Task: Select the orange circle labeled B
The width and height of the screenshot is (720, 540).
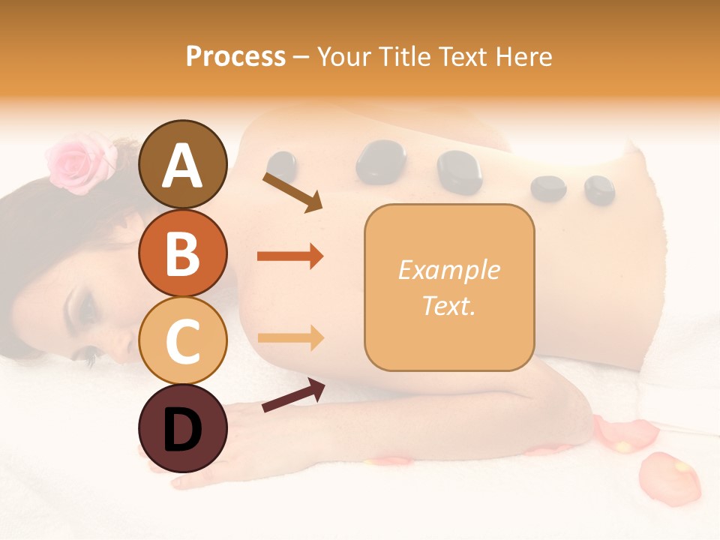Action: pyautogui.click(x=182, y=253)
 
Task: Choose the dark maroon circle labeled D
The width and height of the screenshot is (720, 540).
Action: pyautogui.click(x=182, y=428)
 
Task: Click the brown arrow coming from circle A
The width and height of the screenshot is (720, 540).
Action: pyautogui.click(x=292, y=192)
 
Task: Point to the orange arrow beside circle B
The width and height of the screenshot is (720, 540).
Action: pyautogui.click(x=290, y=256)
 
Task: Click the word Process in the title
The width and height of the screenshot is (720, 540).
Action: pyautogui.click(x=235, y=56)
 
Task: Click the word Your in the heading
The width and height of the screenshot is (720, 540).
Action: pyautogui.click(x=343, y=56)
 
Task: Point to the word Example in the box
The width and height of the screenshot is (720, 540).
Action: pyautogui.click(x=448, y=270)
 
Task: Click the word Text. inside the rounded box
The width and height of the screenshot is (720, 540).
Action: pyautogui.click(x=448, y=305)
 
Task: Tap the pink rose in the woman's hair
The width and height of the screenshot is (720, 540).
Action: pyautogui.click(x=79, y=162)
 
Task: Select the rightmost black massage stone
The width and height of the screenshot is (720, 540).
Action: pyautogui.click(x=599, y=190)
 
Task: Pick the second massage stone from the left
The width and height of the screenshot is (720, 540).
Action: pyautogui.click(x=380, y=161)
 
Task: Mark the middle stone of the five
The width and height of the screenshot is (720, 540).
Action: pyautogui.click(x=459, y=173)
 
